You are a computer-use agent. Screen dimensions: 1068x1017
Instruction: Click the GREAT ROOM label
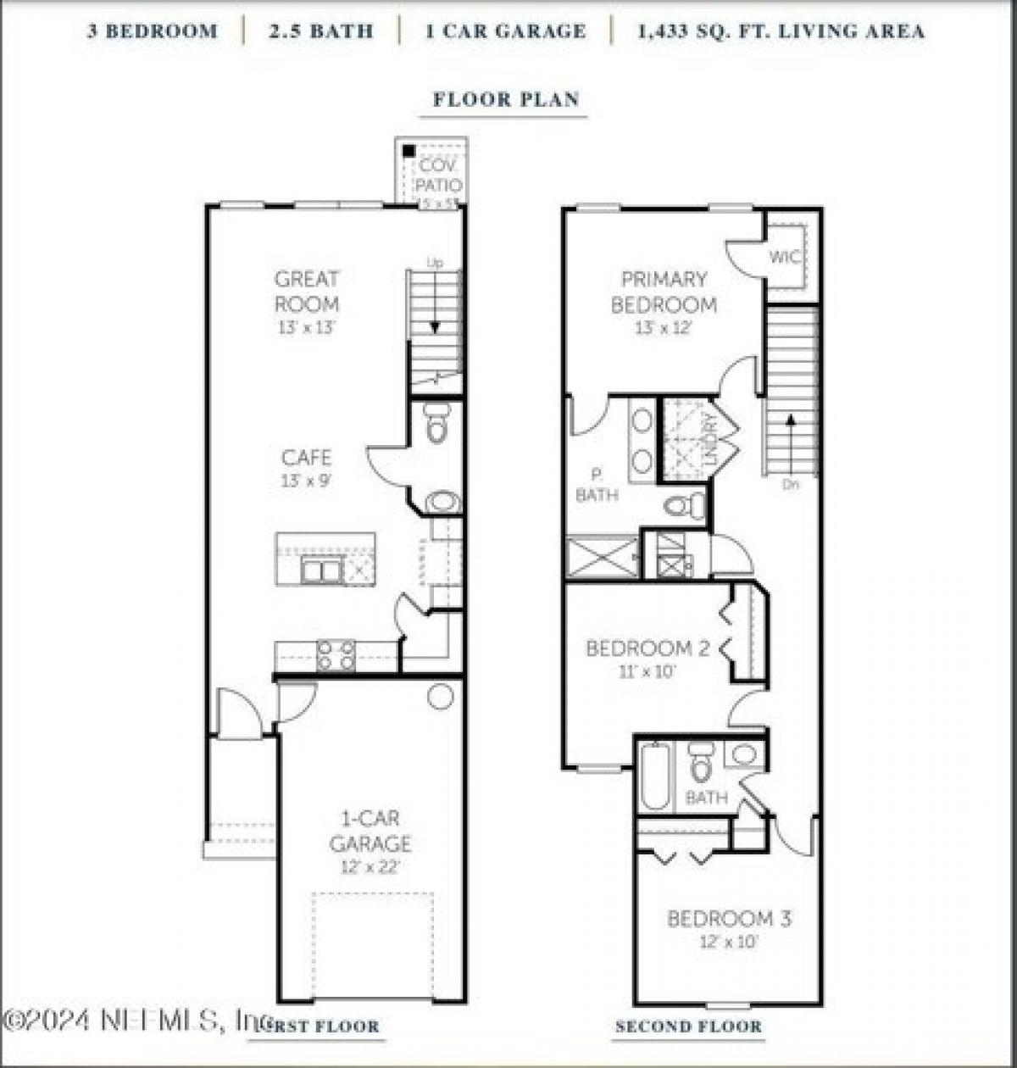(306, 291)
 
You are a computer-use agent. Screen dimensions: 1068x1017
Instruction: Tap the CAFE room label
(306, 458)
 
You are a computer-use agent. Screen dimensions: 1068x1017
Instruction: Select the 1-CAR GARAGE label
(370, 832)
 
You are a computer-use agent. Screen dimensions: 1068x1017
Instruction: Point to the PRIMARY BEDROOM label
(664, 292)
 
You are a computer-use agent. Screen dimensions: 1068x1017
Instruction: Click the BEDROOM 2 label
(647, 649)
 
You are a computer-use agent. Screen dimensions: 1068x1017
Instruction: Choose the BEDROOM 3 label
(729, 919)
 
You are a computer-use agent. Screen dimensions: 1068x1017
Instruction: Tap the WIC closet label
(784, 257)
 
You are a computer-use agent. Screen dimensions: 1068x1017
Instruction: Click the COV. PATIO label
(438, 175)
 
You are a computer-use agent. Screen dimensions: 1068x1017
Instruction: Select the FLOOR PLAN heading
(506, 99)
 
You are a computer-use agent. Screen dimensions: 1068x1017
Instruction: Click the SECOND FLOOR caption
(688, 1026)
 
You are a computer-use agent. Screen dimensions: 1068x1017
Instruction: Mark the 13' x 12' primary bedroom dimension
(664, 327)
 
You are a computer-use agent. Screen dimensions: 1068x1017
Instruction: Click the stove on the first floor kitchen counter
(336, 654)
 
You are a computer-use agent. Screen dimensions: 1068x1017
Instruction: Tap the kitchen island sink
(322, 570)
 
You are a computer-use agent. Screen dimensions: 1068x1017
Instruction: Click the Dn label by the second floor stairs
(790, 485)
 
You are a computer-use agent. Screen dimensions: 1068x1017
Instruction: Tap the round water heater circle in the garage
(440, 696)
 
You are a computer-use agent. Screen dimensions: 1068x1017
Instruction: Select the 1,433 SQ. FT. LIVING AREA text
(781, 32)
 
